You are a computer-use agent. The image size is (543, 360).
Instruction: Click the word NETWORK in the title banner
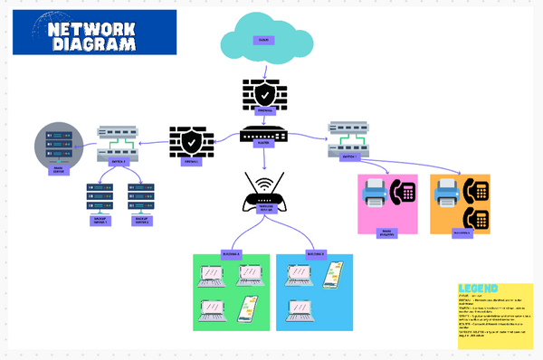pos(94,28)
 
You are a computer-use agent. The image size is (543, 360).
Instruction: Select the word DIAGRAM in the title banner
pos(94,44)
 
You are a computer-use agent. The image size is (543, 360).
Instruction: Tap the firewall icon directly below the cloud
pos(263,95)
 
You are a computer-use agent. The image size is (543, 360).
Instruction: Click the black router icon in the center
pos(263,136)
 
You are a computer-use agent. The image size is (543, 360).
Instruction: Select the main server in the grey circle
pos(57,143)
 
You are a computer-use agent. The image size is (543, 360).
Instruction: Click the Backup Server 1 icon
pos(100,194)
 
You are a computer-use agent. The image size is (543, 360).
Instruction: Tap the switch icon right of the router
pos(347,137)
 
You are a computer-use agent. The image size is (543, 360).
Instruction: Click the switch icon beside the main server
pos(117,144)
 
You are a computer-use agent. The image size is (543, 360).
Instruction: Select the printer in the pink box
pos(374,193)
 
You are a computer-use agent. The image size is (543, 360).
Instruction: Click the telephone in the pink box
pos(402,192)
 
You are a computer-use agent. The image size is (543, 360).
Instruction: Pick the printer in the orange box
pos(447,192)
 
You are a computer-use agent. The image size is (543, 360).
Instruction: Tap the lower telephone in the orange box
pos(475,218)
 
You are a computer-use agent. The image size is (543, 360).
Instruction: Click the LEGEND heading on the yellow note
pos(479,289)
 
